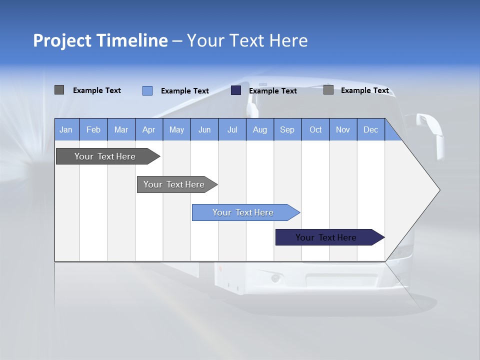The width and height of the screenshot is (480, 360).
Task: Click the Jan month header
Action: tap(66, 129)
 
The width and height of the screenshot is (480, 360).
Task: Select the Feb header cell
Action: tap(93, 129)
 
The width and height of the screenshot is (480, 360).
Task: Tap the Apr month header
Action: tap(149, 129)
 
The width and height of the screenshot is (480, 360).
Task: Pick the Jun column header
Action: tap(204, 129)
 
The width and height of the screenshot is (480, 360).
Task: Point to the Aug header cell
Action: tap(260, 129)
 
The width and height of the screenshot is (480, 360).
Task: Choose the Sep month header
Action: tap(287, 129)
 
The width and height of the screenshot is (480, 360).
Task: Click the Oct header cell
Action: tap(315, 129)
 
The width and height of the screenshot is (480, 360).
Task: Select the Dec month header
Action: tap(371, 129)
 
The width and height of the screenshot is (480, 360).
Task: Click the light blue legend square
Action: tap(147, 90)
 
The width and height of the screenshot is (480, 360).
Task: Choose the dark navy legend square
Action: tap(236, 90)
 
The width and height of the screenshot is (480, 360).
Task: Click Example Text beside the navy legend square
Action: tap(273, 91)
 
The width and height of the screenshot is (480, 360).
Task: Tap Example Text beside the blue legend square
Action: tap(185, 91)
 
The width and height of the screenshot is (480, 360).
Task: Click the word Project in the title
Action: tap(62, 40)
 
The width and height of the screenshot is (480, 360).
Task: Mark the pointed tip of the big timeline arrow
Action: tap(439, 190)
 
